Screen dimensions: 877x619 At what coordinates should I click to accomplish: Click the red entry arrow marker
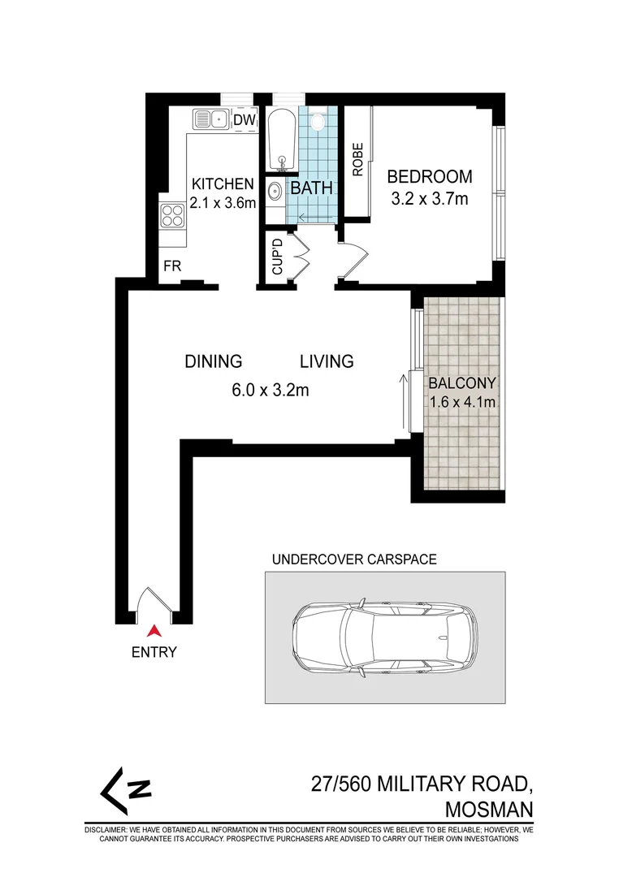[154, 630]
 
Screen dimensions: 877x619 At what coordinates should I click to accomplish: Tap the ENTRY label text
[154, 651]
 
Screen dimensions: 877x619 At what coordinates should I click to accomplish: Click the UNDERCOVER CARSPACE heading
[354, 559]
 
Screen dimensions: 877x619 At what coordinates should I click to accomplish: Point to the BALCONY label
[463, 383]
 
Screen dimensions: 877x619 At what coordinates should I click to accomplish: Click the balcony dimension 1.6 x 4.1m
[463, 402]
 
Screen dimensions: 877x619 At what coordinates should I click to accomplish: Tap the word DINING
[213, 361]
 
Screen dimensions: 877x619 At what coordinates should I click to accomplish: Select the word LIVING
[327, 361]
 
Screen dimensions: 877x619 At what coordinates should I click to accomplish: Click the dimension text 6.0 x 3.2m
[271, 391]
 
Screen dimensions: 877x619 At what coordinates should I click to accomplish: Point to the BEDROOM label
[430, 176]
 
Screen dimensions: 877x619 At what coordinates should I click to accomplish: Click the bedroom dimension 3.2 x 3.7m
[430, 199]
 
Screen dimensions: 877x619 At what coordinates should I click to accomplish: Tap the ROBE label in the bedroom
[357, 160]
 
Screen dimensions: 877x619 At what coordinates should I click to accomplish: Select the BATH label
[312, 188]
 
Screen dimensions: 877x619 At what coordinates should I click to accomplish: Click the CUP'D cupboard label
[276, 257]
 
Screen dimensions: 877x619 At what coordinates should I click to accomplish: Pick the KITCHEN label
[223, 184]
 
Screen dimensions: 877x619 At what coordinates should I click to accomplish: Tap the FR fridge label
[171, 266]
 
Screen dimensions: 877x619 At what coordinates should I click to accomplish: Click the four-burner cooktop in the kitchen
[171, 215]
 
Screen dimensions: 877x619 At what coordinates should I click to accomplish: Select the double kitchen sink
[210, 119]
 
